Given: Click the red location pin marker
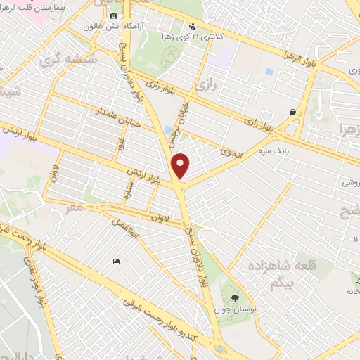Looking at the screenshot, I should click(181, 166).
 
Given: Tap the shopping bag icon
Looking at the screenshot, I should click(292, 112).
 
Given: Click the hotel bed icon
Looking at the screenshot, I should click(117, 262).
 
